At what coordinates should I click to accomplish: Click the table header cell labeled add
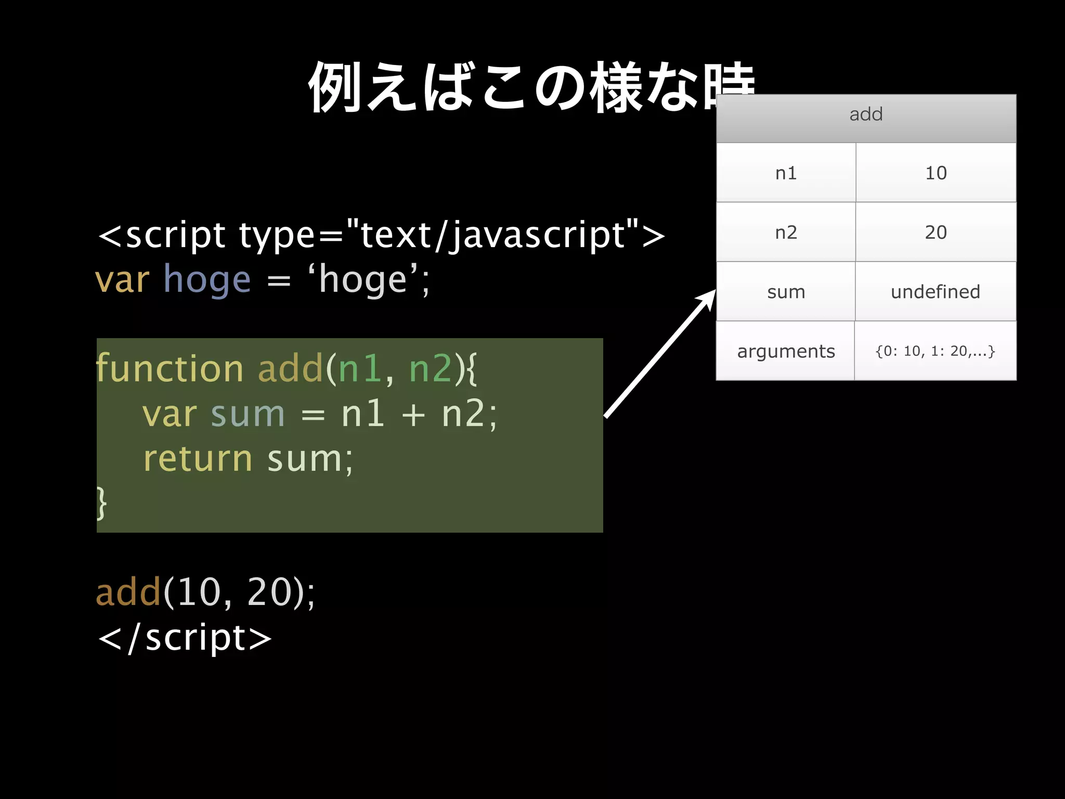pyautogui.click(x=866, y=114)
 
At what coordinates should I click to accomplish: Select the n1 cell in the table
pyautogui.click(x=786, y=173)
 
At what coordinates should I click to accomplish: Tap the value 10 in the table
pyautogui.click(x=936, y=173)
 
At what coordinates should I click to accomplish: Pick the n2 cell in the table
pyautogui.click(x=786, y=233)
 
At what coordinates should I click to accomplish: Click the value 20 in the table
pyautogui.click(x=936, y=233)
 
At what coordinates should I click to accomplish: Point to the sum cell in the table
pyautogui.click(x=786, y=292)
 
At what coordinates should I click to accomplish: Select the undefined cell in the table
pyautogui.click(x=935, y=292)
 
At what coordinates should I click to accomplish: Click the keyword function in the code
pyautogui.click(x=170, y=368)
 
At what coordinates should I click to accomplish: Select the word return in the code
pyautogui.click(x=198, y=459)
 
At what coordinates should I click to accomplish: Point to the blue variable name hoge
pyautogui.click(x=207, y=280)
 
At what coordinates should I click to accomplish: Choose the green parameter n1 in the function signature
pyautogui.click(x=360, y=368)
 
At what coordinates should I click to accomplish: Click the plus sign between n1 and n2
pyautogui.click(x=413, y=415)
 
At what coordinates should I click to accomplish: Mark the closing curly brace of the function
pyautogui.click(x=102, y=502)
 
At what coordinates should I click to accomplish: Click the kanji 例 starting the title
pyautogui.click(x=335, y=87)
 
